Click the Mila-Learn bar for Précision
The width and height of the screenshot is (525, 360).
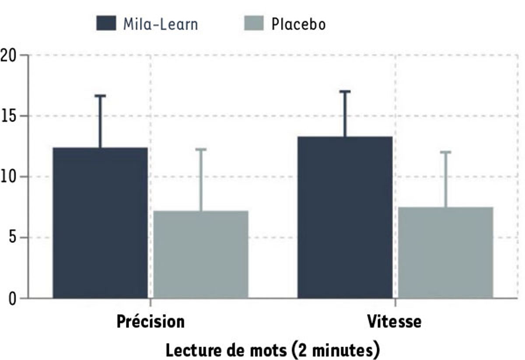[x=100, y=223]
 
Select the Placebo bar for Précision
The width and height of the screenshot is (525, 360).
[x=201, y=255]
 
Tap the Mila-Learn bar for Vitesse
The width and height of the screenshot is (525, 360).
[x=345, y=217]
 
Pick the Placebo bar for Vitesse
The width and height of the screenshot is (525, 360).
[x=445, y=252]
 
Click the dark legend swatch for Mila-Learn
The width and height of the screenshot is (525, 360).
[x=106, y=23]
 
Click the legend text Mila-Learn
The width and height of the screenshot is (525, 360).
[x=160, y=24]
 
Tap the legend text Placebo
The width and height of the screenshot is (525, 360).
[x=298, y=24]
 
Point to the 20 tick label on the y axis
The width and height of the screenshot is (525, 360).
[x=9, y=56]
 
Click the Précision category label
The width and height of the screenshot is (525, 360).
[x=150, y=322]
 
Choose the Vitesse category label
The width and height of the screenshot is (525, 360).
[x=394, y=322]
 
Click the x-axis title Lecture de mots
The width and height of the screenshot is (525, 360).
[x=272, y=350]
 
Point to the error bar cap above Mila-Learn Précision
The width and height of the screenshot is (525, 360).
[x=100, y=96]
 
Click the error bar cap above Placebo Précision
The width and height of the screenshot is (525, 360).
[x=201, y=150]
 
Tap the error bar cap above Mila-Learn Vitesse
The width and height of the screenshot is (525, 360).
[x=345, y=91]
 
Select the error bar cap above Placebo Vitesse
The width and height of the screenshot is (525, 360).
[x=445, y=152]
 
